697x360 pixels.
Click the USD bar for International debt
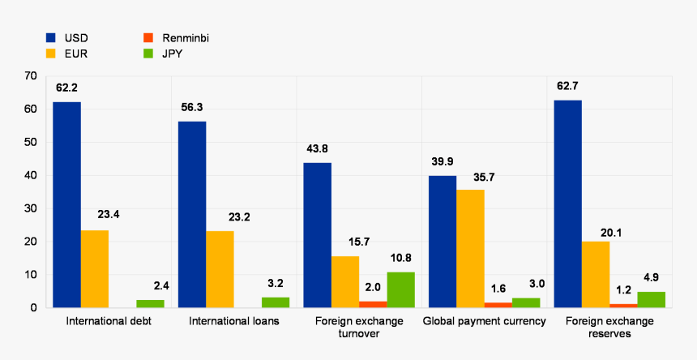[x=67, y=205]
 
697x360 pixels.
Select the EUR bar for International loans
[x=220, y=269]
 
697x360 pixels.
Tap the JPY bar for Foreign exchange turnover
[x=400, y=289]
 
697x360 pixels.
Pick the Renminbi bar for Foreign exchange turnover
[x=373, y=304]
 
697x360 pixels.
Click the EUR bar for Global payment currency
[x=470, y=249]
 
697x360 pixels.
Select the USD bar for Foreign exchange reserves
[x=567, y=204]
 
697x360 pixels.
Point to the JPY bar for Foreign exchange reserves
[x=651, y=300]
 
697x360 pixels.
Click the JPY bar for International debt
[x=150, y=304]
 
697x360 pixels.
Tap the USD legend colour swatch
[x=51, y=37]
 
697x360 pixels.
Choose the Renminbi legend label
[x=185, y=37]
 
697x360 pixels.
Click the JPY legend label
[x=173, y=54]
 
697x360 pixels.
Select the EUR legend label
[x=75, y=54]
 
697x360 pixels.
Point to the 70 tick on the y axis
[x=31, y=75]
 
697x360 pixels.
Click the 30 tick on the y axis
[x=31, y=208]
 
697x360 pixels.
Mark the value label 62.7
[x=567, y=86]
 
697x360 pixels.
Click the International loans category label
[x=233, y=321]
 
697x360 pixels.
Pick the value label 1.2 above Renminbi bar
[x=622, y=289]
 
